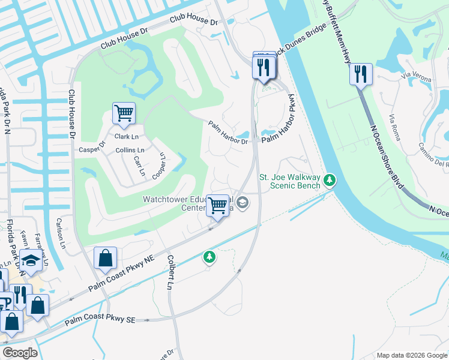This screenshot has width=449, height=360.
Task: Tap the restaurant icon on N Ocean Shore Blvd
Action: point(361,74)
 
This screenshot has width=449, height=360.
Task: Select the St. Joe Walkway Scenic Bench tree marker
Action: point(329,179)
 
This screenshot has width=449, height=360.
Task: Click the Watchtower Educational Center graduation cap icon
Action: point(242,202)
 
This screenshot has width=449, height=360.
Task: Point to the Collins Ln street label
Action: point(130,150)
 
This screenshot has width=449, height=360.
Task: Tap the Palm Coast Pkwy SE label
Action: point(100,319)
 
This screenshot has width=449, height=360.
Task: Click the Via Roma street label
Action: point(394,127)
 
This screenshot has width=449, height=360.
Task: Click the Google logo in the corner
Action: point(20,352)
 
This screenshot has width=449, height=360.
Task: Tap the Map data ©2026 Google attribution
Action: point(411,355)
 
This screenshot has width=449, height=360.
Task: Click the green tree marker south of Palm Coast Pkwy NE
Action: point(209,257)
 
